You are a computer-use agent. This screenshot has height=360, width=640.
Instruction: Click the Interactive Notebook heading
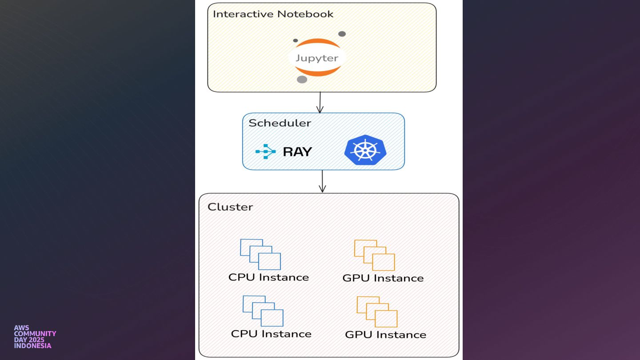pyautogui.click(x=273, y=14)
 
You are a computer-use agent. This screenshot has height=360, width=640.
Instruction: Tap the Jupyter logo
pyautogui.click(x=317, y=58)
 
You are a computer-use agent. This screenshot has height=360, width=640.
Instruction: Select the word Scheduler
pyautogui.click(x=280, y=123)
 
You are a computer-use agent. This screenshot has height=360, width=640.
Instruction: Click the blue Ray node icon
pyautogui.click(x=265, y=152)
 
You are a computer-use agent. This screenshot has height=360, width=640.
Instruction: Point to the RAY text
pyautogui.click(x=297, y=152)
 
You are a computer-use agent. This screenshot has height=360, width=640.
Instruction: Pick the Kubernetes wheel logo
pyautogui.click(x=365, y=150)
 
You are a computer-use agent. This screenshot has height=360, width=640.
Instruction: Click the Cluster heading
pyautogui.click(x=230, y=207)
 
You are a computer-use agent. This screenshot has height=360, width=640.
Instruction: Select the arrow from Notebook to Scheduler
pyautogui.click(x=320, y=102)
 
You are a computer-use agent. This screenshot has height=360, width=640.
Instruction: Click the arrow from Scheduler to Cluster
pyautogui.click(x=322, y=181)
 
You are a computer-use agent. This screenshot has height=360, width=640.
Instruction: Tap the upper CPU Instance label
pyautogui.click(x=268, y=277)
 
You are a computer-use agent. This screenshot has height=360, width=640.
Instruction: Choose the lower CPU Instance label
pyautogui.click(x=271, y=334)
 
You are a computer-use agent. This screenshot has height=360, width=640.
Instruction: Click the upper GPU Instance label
pyautogui.click(x=383, y=278)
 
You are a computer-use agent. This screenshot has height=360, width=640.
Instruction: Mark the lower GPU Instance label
pyautogui.click(x=386, y=335)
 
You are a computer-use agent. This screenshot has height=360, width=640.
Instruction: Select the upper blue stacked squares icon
pyautogui.click(x=260, y=254)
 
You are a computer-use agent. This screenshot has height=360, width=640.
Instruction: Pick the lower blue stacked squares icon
pyautogui.click(x=263, y=311)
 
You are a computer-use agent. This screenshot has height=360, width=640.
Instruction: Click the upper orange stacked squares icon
pyautogui.click(x=375, y=255)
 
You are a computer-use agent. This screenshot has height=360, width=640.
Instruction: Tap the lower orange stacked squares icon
pyautogui.click(x=377, y=312)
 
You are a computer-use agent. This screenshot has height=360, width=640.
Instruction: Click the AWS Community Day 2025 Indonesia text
pyautogui.click(x=35, y=337)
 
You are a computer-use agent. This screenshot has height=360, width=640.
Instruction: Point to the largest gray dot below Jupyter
pyautogui.click(x=302, y=80)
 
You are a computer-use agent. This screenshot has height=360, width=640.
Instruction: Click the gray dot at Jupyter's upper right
pyautogui.click(x=342, y=34)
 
